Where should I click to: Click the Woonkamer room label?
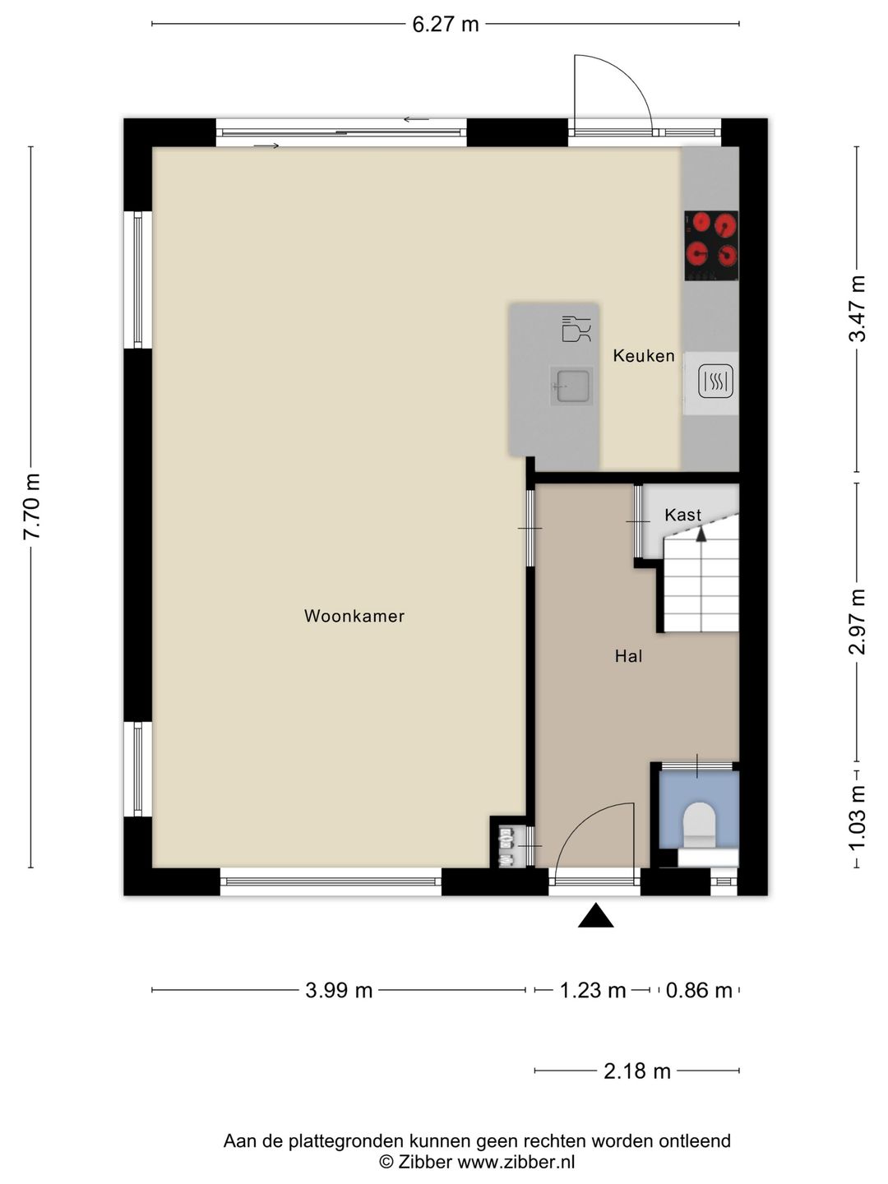(354, 616)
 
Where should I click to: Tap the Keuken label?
(644, 355)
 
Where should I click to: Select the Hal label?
(629, 656)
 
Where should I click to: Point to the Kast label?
(683, 515)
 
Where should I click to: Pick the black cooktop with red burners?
(711, 246)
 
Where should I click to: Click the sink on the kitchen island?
(571, 386)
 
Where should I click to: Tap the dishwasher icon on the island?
(576, 329)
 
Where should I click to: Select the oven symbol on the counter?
(715, 382)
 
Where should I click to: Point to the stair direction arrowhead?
(701, 534)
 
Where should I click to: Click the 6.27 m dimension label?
(446, 25)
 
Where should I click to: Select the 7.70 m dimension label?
(31, 506)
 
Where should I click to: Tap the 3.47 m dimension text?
(858, 308)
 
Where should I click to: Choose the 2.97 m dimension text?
(858, 622)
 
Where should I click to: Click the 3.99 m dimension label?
(339, 990)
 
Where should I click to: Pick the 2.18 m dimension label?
(636, 1071)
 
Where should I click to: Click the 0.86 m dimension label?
(699, 990)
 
